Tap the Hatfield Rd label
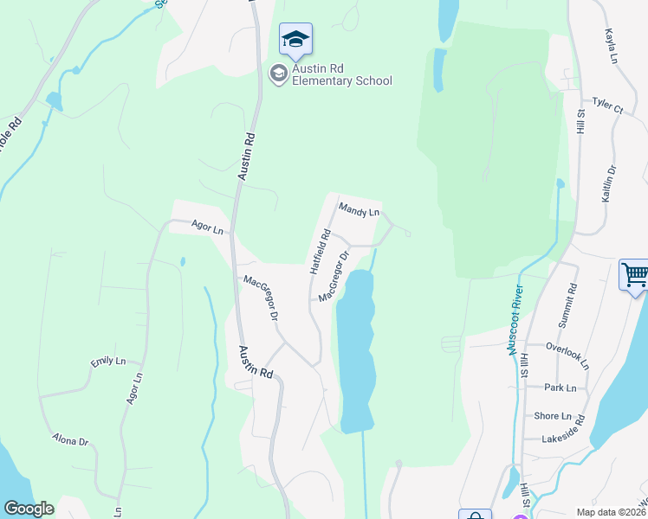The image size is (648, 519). click(x=320, y=251)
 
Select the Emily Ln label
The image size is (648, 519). click(x=103, y=363)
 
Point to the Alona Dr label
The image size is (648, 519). click(x=70, y=439)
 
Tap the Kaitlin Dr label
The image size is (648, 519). click(x=609, y=184)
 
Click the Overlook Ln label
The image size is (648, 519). click(x=567, y=354)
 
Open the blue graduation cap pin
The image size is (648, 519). click(x=295, y=40)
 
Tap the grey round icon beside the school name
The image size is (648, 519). click(x=278, y=74)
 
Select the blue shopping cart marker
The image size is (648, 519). click(x=634, y=276)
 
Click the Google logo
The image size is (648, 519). click(x=29, y=509)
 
